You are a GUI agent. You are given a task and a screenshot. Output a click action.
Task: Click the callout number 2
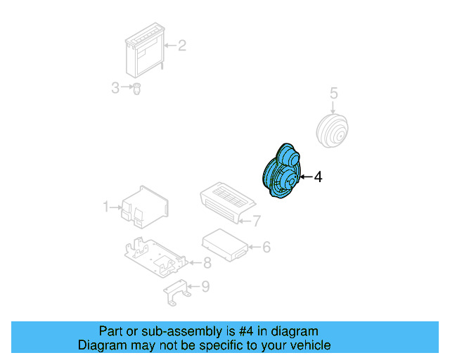(x=181, y=46)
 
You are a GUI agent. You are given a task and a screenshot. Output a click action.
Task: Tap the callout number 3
(x=115, y=88)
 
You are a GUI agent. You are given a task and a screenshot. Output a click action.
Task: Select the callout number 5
(x=334, y=93)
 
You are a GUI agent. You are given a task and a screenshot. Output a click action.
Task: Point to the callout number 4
(x=318, y=177)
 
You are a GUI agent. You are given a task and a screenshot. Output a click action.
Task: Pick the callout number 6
(x=266, y=247)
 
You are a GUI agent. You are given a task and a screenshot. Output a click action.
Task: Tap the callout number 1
(x=106, y=207)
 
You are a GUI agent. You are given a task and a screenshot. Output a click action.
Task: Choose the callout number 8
(x=207, y=264)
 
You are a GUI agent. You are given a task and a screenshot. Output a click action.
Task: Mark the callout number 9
(x=205, y=286)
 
